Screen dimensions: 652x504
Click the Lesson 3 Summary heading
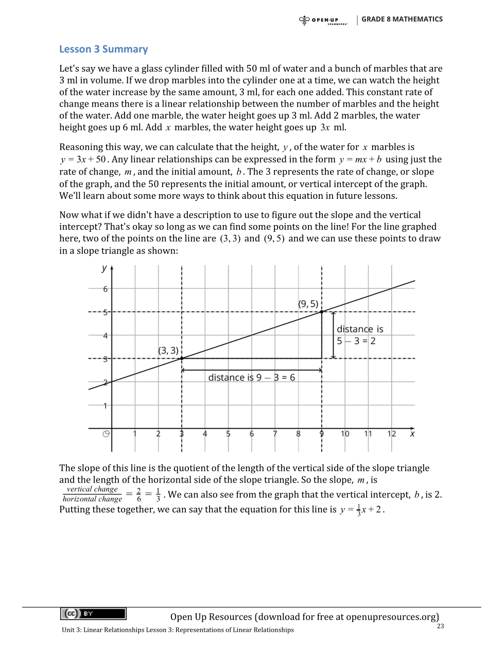103,49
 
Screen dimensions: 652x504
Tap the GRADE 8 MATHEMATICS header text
402,19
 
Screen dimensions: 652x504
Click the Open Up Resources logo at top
323,21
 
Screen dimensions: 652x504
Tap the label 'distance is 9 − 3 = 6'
251,378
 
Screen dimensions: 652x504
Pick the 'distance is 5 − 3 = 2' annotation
360,335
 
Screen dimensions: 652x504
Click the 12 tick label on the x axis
392,434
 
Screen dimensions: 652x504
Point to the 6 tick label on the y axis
106,289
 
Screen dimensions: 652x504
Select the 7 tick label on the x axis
275,434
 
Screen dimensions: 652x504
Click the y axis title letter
105,268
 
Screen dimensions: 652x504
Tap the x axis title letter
412,434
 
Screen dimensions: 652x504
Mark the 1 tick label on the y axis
106,406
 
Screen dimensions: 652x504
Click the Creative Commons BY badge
93,613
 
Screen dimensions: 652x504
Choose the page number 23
440,626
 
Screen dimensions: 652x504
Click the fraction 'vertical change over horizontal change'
93,494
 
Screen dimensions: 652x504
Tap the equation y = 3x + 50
83,160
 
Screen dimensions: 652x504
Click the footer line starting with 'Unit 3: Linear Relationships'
178,630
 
